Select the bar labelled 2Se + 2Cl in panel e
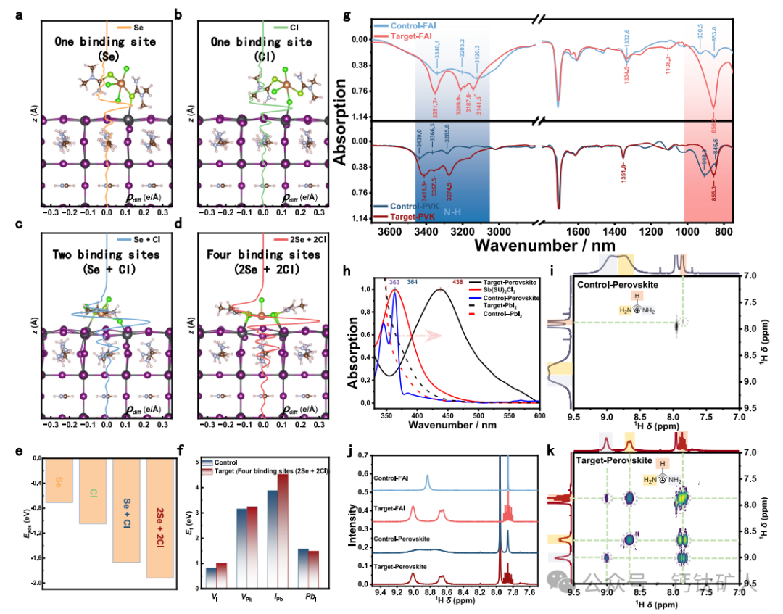tap(159, 518)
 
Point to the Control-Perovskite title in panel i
tap(617, 285)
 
